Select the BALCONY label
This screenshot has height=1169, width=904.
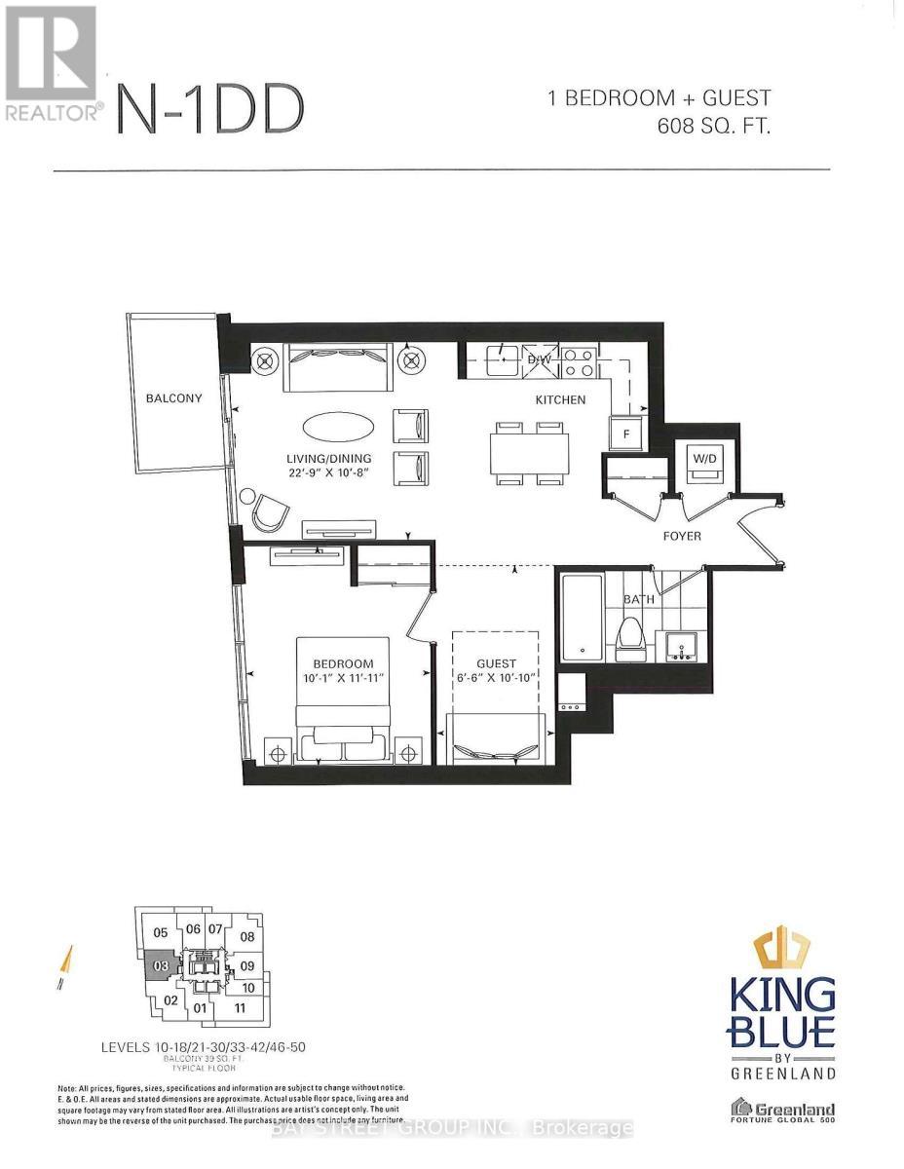click(174, 398)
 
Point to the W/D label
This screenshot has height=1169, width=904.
click(703, 457)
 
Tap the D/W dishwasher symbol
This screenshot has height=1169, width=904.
click(539, 359)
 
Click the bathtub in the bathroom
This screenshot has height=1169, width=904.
click(581, 618)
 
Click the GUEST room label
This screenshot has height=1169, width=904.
click(496, 663)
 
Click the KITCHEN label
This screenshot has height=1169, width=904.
click(559, 399)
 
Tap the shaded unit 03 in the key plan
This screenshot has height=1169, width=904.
click(162, 966)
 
